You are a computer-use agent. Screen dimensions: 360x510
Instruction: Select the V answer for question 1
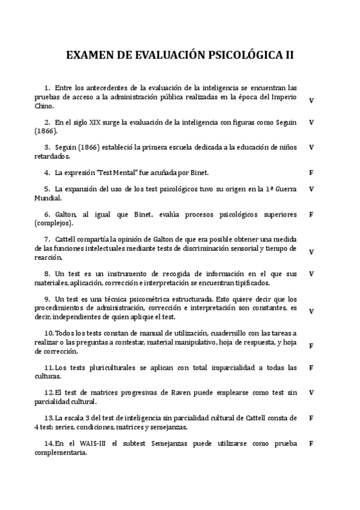(x=311, y=100)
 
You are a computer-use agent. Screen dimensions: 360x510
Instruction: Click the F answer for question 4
(x=311, y=173)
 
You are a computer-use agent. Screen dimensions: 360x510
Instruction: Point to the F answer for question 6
(x=311, y=214)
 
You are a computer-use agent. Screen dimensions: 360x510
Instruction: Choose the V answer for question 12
(x=311, y=392)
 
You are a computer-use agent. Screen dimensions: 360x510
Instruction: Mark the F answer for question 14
(x=311, y=443)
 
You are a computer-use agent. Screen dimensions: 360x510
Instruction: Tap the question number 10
(x=49, y=333)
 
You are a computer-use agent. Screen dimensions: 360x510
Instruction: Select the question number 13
(x=49, y=417)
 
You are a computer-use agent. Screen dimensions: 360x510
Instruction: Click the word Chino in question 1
(x=44, y=105)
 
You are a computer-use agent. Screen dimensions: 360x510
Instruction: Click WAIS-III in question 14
(x=93, y=443)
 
